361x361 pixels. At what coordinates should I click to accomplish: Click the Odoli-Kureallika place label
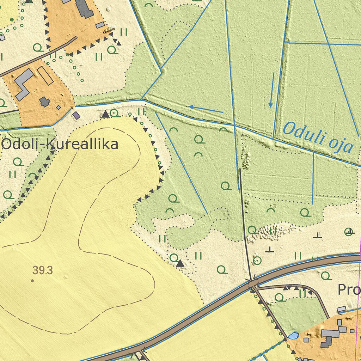[x=59, y=145]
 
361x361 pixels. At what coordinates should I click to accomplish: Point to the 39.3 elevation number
[x=43, y=270]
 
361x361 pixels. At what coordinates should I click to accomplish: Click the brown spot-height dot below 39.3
[x=32, y=281]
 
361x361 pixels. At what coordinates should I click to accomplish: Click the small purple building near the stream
[x=76, y=115]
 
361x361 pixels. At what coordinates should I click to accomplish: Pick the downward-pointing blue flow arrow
[x=271, y=90]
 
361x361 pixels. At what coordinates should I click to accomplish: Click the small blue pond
[x=293, y=336]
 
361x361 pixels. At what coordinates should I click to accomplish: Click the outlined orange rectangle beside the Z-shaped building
[x=45, y=75]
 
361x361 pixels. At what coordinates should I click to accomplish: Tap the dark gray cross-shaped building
[x=44, y=102]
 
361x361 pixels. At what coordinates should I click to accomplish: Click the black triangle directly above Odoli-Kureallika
[x=105, y=114]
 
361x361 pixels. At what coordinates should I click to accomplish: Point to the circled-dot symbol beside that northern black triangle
[x=114, y=113]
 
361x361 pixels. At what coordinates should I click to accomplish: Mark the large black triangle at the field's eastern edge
[x=180, y=263]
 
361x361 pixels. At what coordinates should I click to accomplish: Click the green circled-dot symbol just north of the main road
[x=257, y=261]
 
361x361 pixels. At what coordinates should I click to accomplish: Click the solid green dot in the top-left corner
[x=12, y=19]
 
